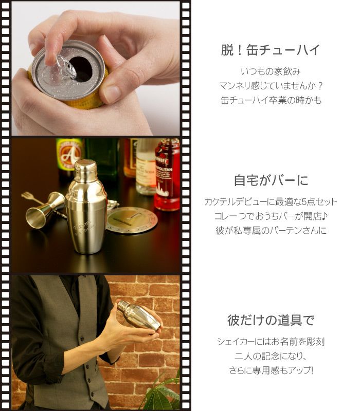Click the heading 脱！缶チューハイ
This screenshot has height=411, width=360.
coord(270,50)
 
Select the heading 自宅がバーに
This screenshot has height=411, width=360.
coord(271,181)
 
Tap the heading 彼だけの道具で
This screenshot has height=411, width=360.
coord(271,320)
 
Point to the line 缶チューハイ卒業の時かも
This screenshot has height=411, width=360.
coord(271,100)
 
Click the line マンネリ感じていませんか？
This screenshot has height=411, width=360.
coord(271,85)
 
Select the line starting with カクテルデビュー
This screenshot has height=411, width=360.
coord(271,201)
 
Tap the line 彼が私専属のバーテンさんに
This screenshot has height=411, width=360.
coord(271,231)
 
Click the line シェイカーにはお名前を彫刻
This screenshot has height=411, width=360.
coord(271,341)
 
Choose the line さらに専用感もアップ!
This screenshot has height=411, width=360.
coord(271,370)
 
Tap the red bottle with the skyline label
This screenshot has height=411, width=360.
coord(168,175)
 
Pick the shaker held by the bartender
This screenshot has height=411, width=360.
coord(136,315)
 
